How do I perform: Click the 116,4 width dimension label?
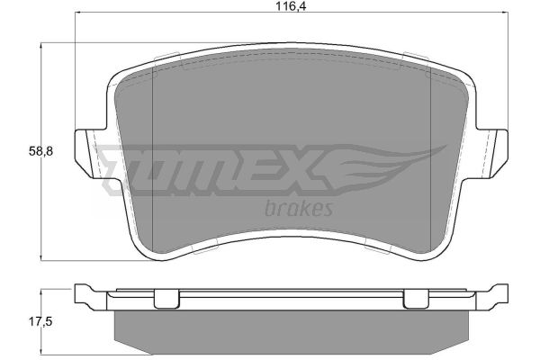point(291,6)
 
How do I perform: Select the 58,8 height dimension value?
point(41,151)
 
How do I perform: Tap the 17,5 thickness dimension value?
point(40,322)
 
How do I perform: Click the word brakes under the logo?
point(298,209)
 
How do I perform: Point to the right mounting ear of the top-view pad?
point(491,153)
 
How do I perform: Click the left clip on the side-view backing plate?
point(166,299)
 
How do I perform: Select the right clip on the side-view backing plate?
point(416,299)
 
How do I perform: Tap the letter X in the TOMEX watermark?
point(303,170)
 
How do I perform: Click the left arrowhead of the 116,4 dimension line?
point(77,13)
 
